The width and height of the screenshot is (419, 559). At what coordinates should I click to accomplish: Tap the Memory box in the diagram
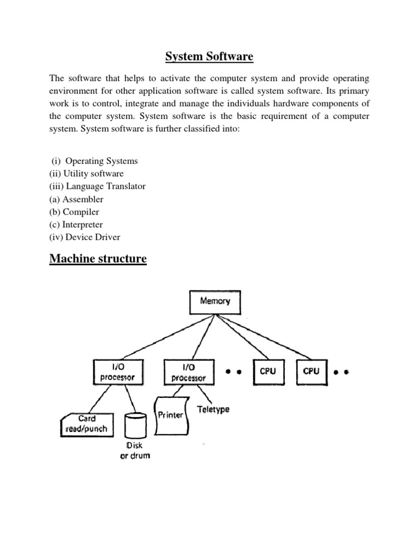click(x=214, y=301)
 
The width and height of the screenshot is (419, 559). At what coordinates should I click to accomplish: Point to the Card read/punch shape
click(x=87, y=424)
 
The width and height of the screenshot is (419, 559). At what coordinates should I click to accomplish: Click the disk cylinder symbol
click(x=135, y=425)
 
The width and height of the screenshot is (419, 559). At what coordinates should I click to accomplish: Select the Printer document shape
click(x=171, y=417)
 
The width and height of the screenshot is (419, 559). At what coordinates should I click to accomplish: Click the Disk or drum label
click(x=135, y=450)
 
